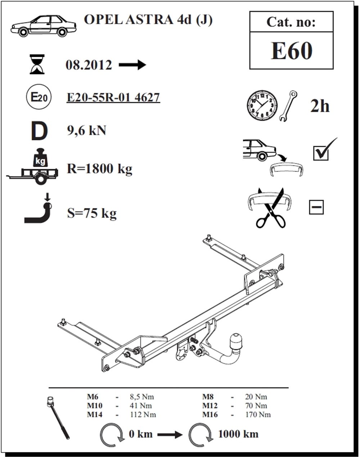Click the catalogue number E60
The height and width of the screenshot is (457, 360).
click(x=291, y=51)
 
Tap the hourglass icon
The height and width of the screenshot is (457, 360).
click(x=37, y=64)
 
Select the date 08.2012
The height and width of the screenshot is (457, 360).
click(x=89, y=65)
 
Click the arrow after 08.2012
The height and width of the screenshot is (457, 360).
click(x=132, y=64)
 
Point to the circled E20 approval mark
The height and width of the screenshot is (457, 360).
click(x=39, y=97)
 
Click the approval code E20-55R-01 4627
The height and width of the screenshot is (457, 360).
click(x=113, y=98)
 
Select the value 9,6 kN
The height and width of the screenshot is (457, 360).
click(x=86, y=130)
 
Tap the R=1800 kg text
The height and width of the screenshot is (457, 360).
click(x=99, y=169)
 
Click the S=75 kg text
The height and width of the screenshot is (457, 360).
click(x=92, y=213)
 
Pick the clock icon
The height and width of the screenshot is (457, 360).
click(x=262, y=105)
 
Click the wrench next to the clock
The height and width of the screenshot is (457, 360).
click(x=288, y=106)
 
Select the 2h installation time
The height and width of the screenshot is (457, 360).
click(x=320, y=106)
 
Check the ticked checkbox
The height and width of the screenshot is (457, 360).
click(x=321, y=153)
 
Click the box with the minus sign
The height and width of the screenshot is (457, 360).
click(x=316, y=207)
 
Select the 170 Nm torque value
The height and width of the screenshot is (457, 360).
click(x=258, y=414)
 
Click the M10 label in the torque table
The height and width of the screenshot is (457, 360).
click(x=95, y=406)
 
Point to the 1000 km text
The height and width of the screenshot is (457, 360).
click(x=238, y=434)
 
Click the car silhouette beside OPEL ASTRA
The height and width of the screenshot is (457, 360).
click(x=43, y=26)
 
